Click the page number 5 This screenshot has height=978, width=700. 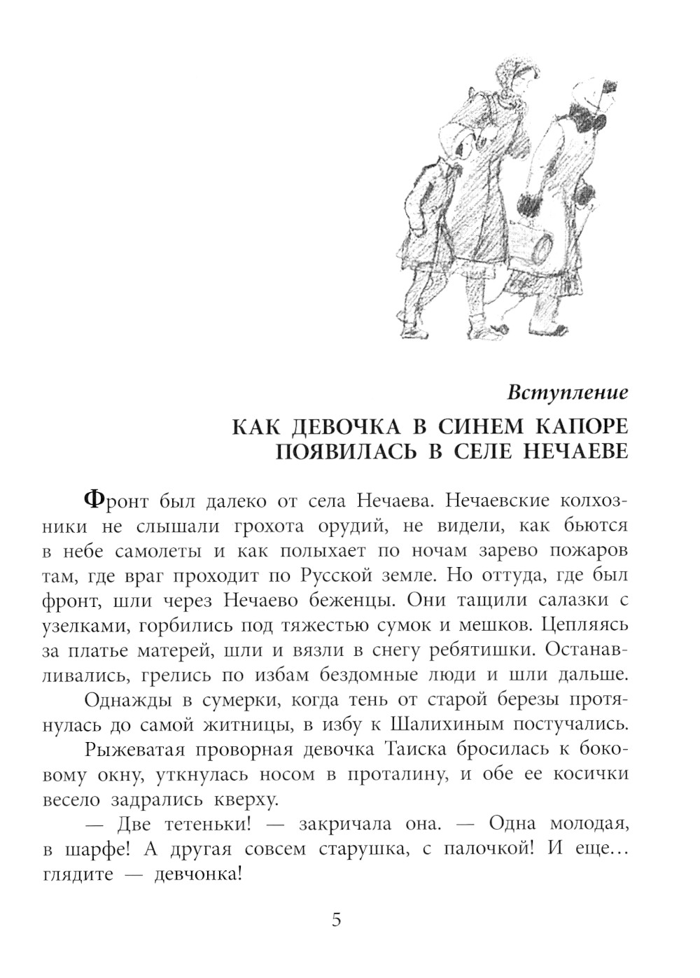pos(336,920)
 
